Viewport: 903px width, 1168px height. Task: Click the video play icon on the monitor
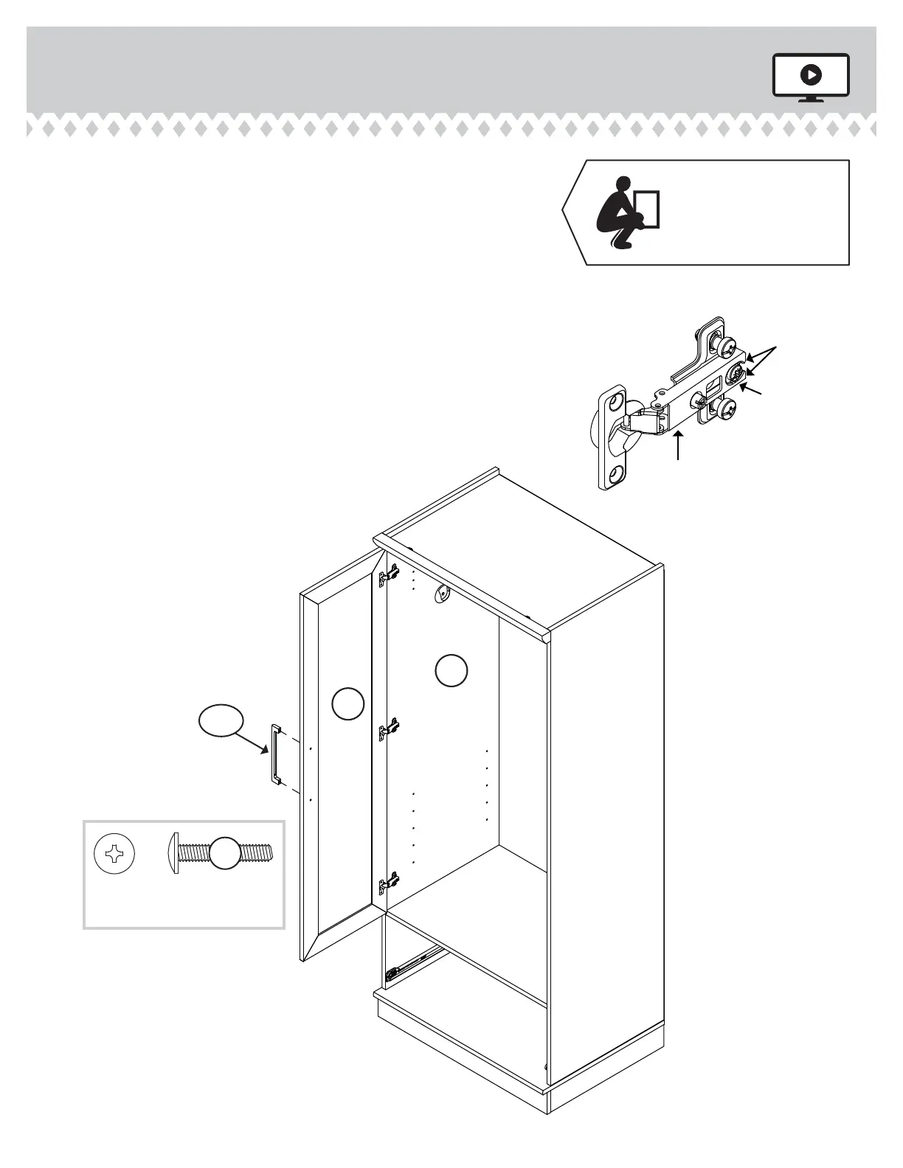[x=811, y=74]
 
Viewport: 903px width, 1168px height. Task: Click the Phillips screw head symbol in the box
[x=114, y=854]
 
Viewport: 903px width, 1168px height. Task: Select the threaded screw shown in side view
[x=221, y=854]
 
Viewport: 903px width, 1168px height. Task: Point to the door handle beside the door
[x=276, y=754]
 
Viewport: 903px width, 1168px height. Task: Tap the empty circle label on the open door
[x=347, y=703]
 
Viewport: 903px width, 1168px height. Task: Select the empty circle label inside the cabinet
[x=451, y=670]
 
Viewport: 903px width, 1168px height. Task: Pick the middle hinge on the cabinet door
[x=388, y=729]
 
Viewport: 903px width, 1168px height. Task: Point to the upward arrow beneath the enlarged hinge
[x=679, y=445]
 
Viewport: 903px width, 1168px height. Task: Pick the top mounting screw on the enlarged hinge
[x=727, y=344]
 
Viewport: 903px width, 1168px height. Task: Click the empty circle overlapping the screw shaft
[x=224, y=854]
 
